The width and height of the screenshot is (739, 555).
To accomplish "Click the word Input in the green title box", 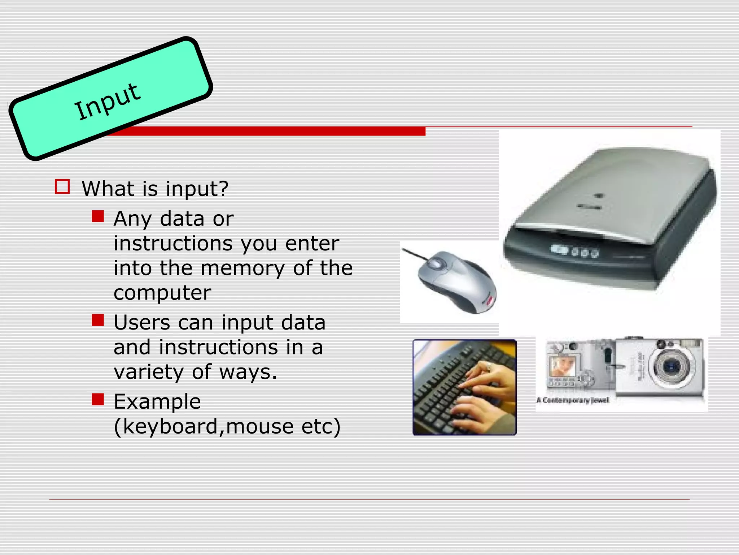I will click(x=107, y=102).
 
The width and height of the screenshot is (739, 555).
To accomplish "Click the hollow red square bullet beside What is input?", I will click(x=62, y=187).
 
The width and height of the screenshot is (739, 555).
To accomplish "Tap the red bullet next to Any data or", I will click(x=98, y=216).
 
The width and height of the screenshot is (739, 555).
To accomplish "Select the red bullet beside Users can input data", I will click(x=98, y=320).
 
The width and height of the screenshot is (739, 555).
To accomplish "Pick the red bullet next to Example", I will click(x=98, y=399).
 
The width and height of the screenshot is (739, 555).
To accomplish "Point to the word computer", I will click(x=162, y=293).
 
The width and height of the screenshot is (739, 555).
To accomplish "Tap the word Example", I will click(x=157, y=401).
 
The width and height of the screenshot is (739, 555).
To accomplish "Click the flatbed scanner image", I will click(x=610, y=220).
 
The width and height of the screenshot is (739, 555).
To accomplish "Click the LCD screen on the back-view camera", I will click(x=562, y=366).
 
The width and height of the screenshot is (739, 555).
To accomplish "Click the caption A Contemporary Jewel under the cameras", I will click(x=572, y=400).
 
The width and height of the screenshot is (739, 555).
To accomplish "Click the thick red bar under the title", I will click(x=267, y=131).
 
